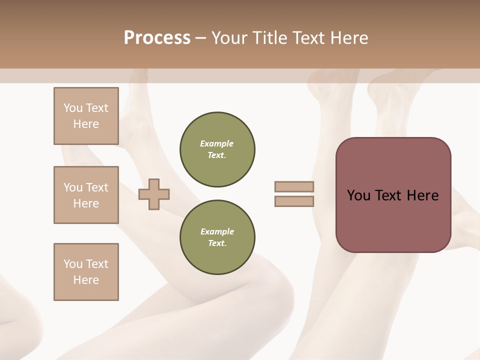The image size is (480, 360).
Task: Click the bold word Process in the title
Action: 157,38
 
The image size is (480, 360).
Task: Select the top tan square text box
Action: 86,116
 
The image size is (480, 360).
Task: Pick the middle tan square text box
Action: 86,195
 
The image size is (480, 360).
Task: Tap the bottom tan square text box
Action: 86,272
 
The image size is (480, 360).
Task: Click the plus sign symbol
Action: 154,194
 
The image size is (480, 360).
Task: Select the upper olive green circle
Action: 217,149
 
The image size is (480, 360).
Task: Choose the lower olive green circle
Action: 217,237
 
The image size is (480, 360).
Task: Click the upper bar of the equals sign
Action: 294,186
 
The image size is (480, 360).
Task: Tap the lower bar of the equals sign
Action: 294,201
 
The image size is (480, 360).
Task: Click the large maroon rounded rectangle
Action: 393,220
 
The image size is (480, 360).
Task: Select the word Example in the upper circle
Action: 217,143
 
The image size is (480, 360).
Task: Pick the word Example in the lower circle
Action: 217,231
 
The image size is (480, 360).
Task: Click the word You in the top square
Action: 72,108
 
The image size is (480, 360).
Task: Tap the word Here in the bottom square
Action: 86,280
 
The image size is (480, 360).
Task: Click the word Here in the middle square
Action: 86,203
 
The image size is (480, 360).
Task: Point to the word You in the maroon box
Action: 358,195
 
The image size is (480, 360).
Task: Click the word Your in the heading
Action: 230,38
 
